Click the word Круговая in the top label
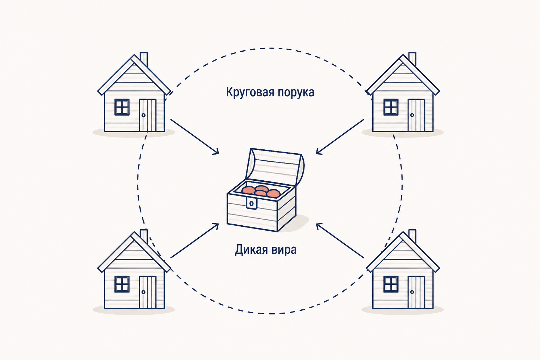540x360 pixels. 249,92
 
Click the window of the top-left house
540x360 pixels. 122,107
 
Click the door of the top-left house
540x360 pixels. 148,115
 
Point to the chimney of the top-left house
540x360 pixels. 144,59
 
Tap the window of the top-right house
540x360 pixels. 391,107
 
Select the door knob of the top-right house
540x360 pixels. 412,115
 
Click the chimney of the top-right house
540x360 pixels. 412,59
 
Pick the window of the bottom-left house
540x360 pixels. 122,284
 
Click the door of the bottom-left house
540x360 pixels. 148,292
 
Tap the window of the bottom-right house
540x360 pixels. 391,284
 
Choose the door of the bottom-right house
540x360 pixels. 416,292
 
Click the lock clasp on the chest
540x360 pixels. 251,203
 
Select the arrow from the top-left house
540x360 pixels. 195,136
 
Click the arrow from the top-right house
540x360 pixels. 340,136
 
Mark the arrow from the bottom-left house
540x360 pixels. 194,240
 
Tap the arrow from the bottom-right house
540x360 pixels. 340,240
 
